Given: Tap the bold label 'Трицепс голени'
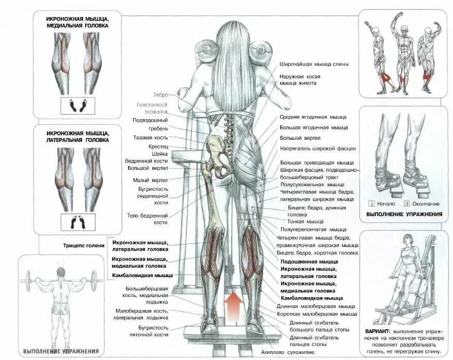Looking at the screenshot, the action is tap(84, 246).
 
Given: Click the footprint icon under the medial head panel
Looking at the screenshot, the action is tap(78, 105).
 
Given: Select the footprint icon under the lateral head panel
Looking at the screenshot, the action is tap(78, 222).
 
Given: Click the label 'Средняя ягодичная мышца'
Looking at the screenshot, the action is tap(313, 117).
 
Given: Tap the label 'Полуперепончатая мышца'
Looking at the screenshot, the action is tap(313, 230).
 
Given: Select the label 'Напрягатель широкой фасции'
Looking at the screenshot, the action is tap(318, 149).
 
